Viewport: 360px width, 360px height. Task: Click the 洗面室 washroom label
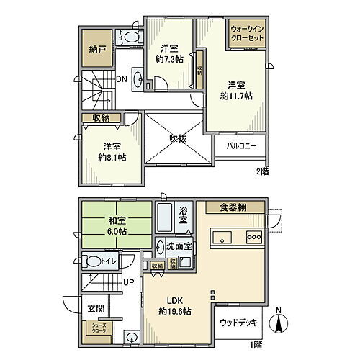(x=179, y=245)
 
